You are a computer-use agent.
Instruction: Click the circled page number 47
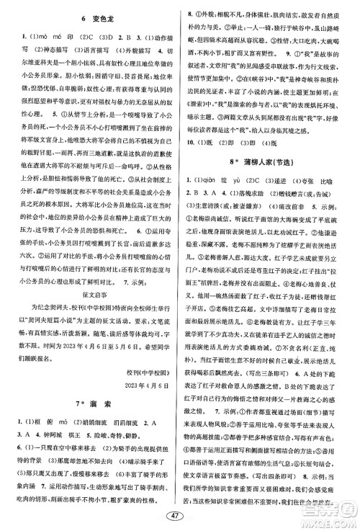(181, 517)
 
